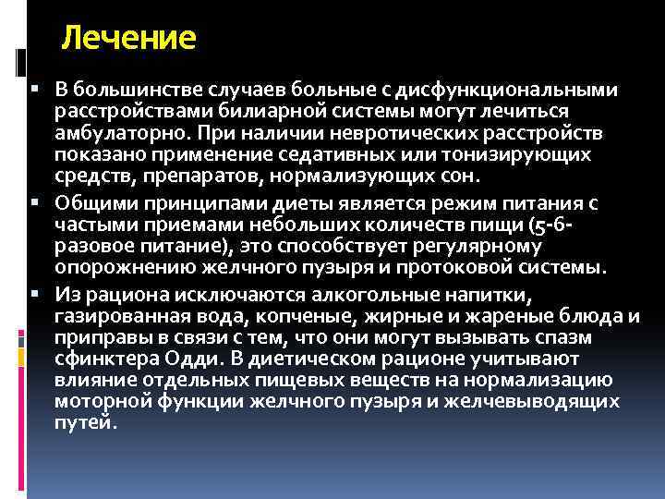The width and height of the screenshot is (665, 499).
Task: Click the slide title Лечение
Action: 128,39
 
